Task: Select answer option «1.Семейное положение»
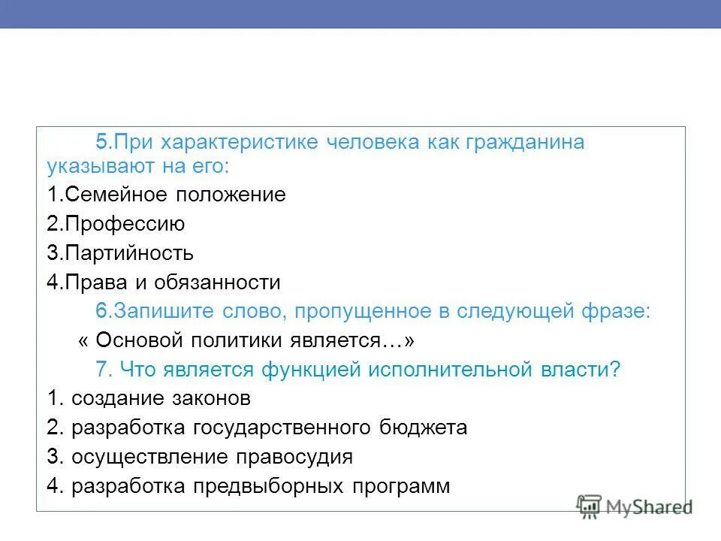pyautogui.click(x=166, y=195)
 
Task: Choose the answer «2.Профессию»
pyautogui.click(x=115, y=224)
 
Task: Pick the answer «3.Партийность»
pyautogui.click(x=119, y=253)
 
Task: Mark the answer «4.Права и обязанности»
pyautogui.click(x=163, y=283)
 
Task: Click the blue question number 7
pyautogui.click(x=104, y=370)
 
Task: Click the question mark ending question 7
pyautogui.click(x=615, y=370)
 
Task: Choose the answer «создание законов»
pyautogui.click(x=161, y=398)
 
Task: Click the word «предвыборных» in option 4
pyautogui.click(x=281, y=486)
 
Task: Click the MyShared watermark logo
pyautogui.click(x=635, y=506)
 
